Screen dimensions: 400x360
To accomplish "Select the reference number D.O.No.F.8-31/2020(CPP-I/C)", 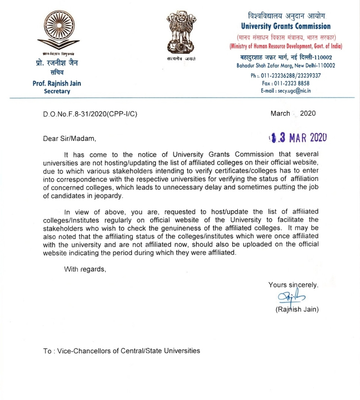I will [x=90, y=113].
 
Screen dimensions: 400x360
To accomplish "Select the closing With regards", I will [x=85, y=268].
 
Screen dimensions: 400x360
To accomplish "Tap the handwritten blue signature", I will [x=289, y=298].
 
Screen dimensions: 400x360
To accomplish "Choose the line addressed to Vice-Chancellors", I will [x=122, y=351].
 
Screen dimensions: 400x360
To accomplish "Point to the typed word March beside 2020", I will [x=280, y=113].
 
